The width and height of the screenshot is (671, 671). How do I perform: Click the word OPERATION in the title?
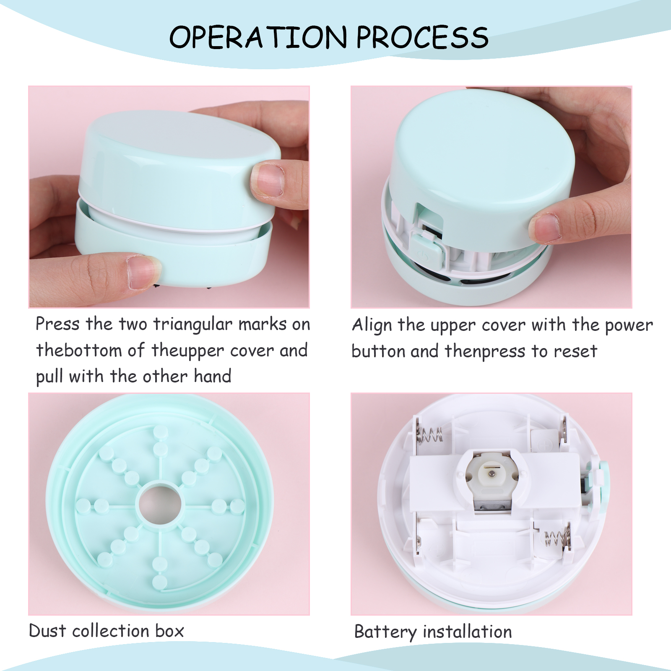coord(258,37)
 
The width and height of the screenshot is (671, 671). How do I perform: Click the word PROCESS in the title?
coord(422,37)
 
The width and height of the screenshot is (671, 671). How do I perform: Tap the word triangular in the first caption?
coord(192,325)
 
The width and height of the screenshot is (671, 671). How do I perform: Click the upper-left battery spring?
coord(429,436)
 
